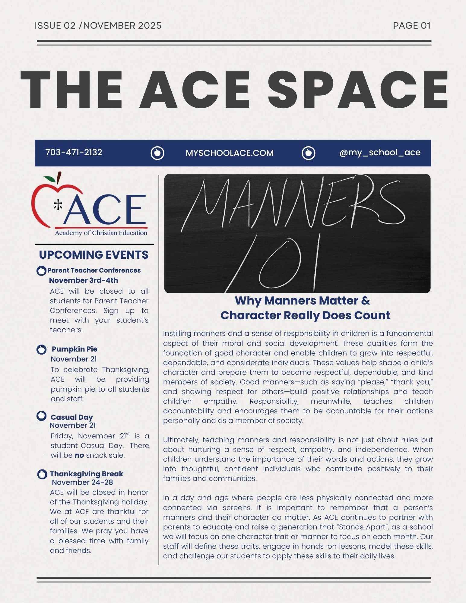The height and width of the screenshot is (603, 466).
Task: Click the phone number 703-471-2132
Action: click(x=74, y=152)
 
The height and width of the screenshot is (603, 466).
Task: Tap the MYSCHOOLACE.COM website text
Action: click(x=230, y=153)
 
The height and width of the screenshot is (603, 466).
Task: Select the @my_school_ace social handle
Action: click(x=380, y=153)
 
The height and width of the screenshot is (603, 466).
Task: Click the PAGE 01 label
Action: click(x=411, y=26)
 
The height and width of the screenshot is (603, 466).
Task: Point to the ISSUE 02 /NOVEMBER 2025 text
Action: click(x=98, y=26)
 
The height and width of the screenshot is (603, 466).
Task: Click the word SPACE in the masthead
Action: click(x=357, y=90)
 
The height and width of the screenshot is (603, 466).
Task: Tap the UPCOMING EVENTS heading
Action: click(x=94, y=255)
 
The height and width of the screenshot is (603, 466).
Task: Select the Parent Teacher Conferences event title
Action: click(x=94, y=270)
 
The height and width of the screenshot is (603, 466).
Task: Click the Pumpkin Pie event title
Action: click(x=74, y=349)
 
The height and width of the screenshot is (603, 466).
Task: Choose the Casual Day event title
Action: click(x=72, y=417)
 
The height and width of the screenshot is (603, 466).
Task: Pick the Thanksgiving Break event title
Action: click(x=87, y=474)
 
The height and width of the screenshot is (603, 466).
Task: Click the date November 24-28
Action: click(x=82, y=482)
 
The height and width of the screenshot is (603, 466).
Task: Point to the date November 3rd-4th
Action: click(x=84, y=280)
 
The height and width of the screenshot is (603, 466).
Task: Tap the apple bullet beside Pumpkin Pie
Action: click(x=41, y=349)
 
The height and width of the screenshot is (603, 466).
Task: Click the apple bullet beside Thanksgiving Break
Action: click(x=42, y=474)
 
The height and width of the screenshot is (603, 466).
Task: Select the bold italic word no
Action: click(x=79, y=455)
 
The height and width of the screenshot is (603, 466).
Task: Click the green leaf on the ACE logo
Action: click(x=49, y=179)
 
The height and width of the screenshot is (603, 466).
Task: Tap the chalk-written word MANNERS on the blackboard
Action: click(x=294, y=204)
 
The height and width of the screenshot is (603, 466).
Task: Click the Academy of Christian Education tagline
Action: click(x=101, y=233)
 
